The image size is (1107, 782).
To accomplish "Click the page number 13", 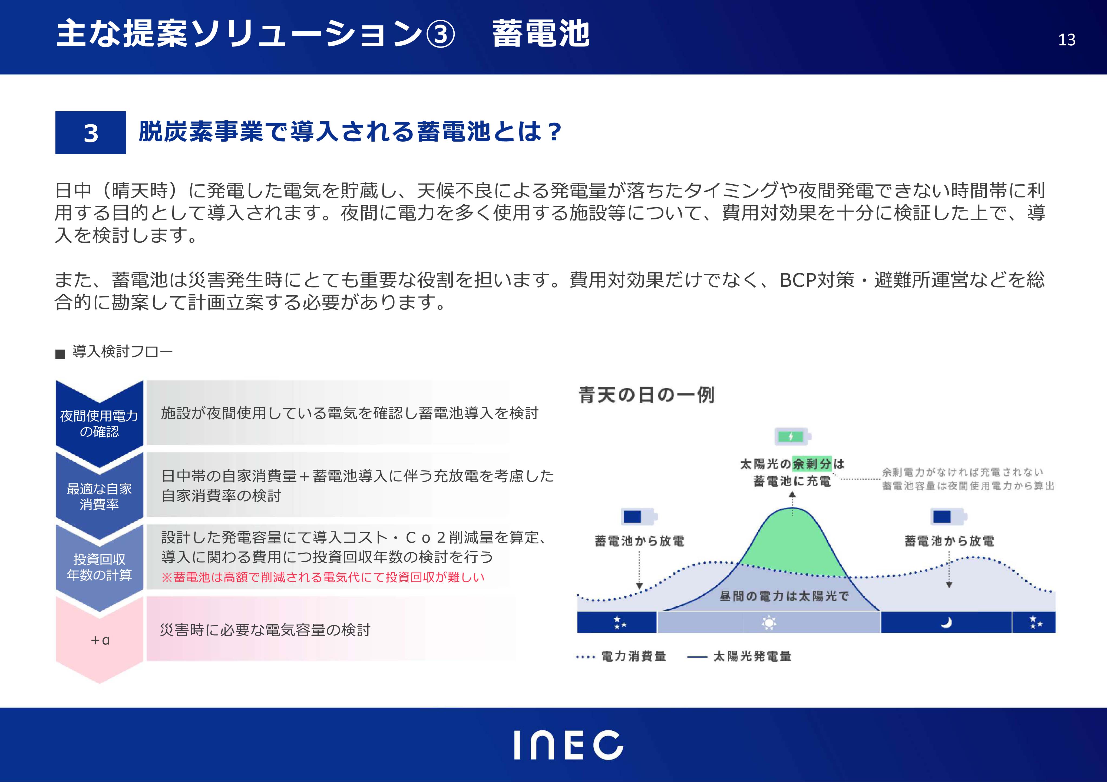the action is pos(1066,39).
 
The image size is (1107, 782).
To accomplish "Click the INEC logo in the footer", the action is pos(569,745).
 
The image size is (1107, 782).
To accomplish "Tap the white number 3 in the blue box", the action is pos(91,133).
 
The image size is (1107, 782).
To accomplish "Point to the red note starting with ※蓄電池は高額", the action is pos(323,577).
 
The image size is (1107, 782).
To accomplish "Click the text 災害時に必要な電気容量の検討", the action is pos(265,630).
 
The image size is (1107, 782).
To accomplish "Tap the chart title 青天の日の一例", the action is pos(646,395).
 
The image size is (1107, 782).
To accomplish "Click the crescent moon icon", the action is pos(946,623).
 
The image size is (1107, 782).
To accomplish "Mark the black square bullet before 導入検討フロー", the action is pos(60,354).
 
